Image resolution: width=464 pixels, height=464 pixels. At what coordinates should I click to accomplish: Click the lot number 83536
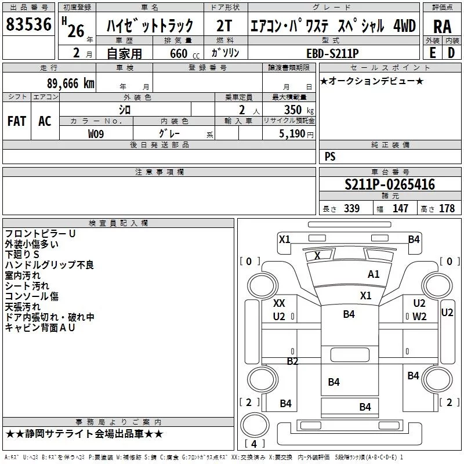(x=29, y=26)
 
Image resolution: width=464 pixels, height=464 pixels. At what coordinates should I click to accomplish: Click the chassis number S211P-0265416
(x=390, y=185)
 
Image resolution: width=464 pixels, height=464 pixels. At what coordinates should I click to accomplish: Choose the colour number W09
(x=96, y=133)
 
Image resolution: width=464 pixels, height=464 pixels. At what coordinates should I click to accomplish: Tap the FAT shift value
(x=17, y=121)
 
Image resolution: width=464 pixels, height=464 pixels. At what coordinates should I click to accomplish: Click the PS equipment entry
(x=330, y=157)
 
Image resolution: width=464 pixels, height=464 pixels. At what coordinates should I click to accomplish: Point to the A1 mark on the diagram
(x=374, y=274)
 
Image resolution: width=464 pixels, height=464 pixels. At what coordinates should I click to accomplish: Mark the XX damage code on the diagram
(x=279, y=303)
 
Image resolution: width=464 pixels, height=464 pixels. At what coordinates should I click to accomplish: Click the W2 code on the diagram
(x=419, y=316)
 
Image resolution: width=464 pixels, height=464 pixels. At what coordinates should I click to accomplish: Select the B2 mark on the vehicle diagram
(x=292, y=361)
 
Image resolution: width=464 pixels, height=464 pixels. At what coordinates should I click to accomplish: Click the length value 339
(x=351, y=209)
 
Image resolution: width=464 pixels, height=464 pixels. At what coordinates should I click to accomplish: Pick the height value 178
(x=447, y=209)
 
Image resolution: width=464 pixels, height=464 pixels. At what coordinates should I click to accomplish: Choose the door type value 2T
(x=224, y=27)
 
